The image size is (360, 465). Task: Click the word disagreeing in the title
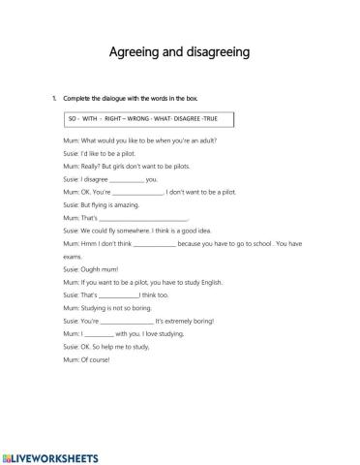pyautogui.click(x=223, y=50)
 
